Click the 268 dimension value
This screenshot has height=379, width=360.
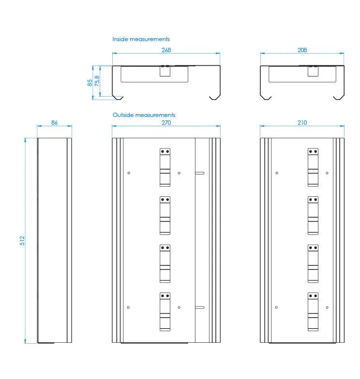166,50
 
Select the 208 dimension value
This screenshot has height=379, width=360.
302,50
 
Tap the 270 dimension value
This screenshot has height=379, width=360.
166,123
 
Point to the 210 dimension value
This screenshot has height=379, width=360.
302,123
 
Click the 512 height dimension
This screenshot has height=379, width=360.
22,241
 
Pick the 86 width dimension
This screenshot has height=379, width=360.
54,123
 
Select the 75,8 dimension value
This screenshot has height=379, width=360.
97,81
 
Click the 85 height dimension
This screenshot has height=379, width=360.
90,83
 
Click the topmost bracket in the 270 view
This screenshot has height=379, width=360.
165,167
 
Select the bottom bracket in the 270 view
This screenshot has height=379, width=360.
165,311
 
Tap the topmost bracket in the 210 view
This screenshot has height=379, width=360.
313,167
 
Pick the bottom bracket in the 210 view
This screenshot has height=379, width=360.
313,311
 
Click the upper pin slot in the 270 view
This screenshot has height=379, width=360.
199,173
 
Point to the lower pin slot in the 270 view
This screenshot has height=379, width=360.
199,307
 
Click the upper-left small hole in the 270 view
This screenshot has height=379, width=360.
129,173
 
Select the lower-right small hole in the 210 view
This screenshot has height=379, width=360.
327,307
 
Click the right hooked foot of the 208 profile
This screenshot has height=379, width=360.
339,97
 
